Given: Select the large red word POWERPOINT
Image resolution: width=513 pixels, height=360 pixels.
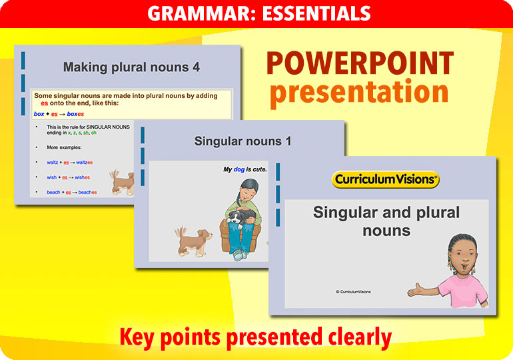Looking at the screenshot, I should [x=360, y=64].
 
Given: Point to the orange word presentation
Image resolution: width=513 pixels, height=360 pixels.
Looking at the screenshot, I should [x=359, y=92].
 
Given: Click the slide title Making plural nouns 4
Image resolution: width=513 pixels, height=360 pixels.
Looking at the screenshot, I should [x=131, y=67].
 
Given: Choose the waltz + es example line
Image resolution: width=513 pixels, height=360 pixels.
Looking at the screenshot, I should [x=69, y=162].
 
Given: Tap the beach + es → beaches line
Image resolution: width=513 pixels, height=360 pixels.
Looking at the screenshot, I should [x=71, y=193].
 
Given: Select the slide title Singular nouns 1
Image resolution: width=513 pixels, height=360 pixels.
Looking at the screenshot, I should [x=243, y=141].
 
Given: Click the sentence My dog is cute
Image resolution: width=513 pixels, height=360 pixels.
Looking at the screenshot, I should [x=245, y=169].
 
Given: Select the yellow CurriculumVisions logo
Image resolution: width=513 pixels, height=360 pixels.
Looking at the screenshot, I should [x=385, y=179].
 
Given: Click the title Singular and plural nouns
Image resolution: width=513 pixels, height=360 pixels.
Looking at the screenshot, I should [x=386, y=221].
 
